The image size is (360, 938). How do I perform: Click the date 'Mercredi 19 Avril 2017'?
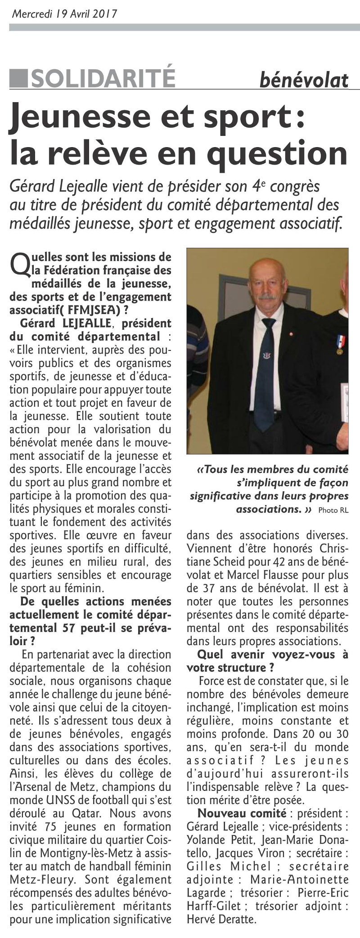(64, 13)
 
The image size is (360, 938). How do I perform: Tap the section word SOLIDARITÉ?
(103, 78)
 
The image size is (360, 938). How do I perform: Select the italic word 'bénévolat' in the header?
(304, 80)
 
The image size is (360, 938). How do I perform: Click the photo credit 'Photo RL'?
(333, 510)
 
